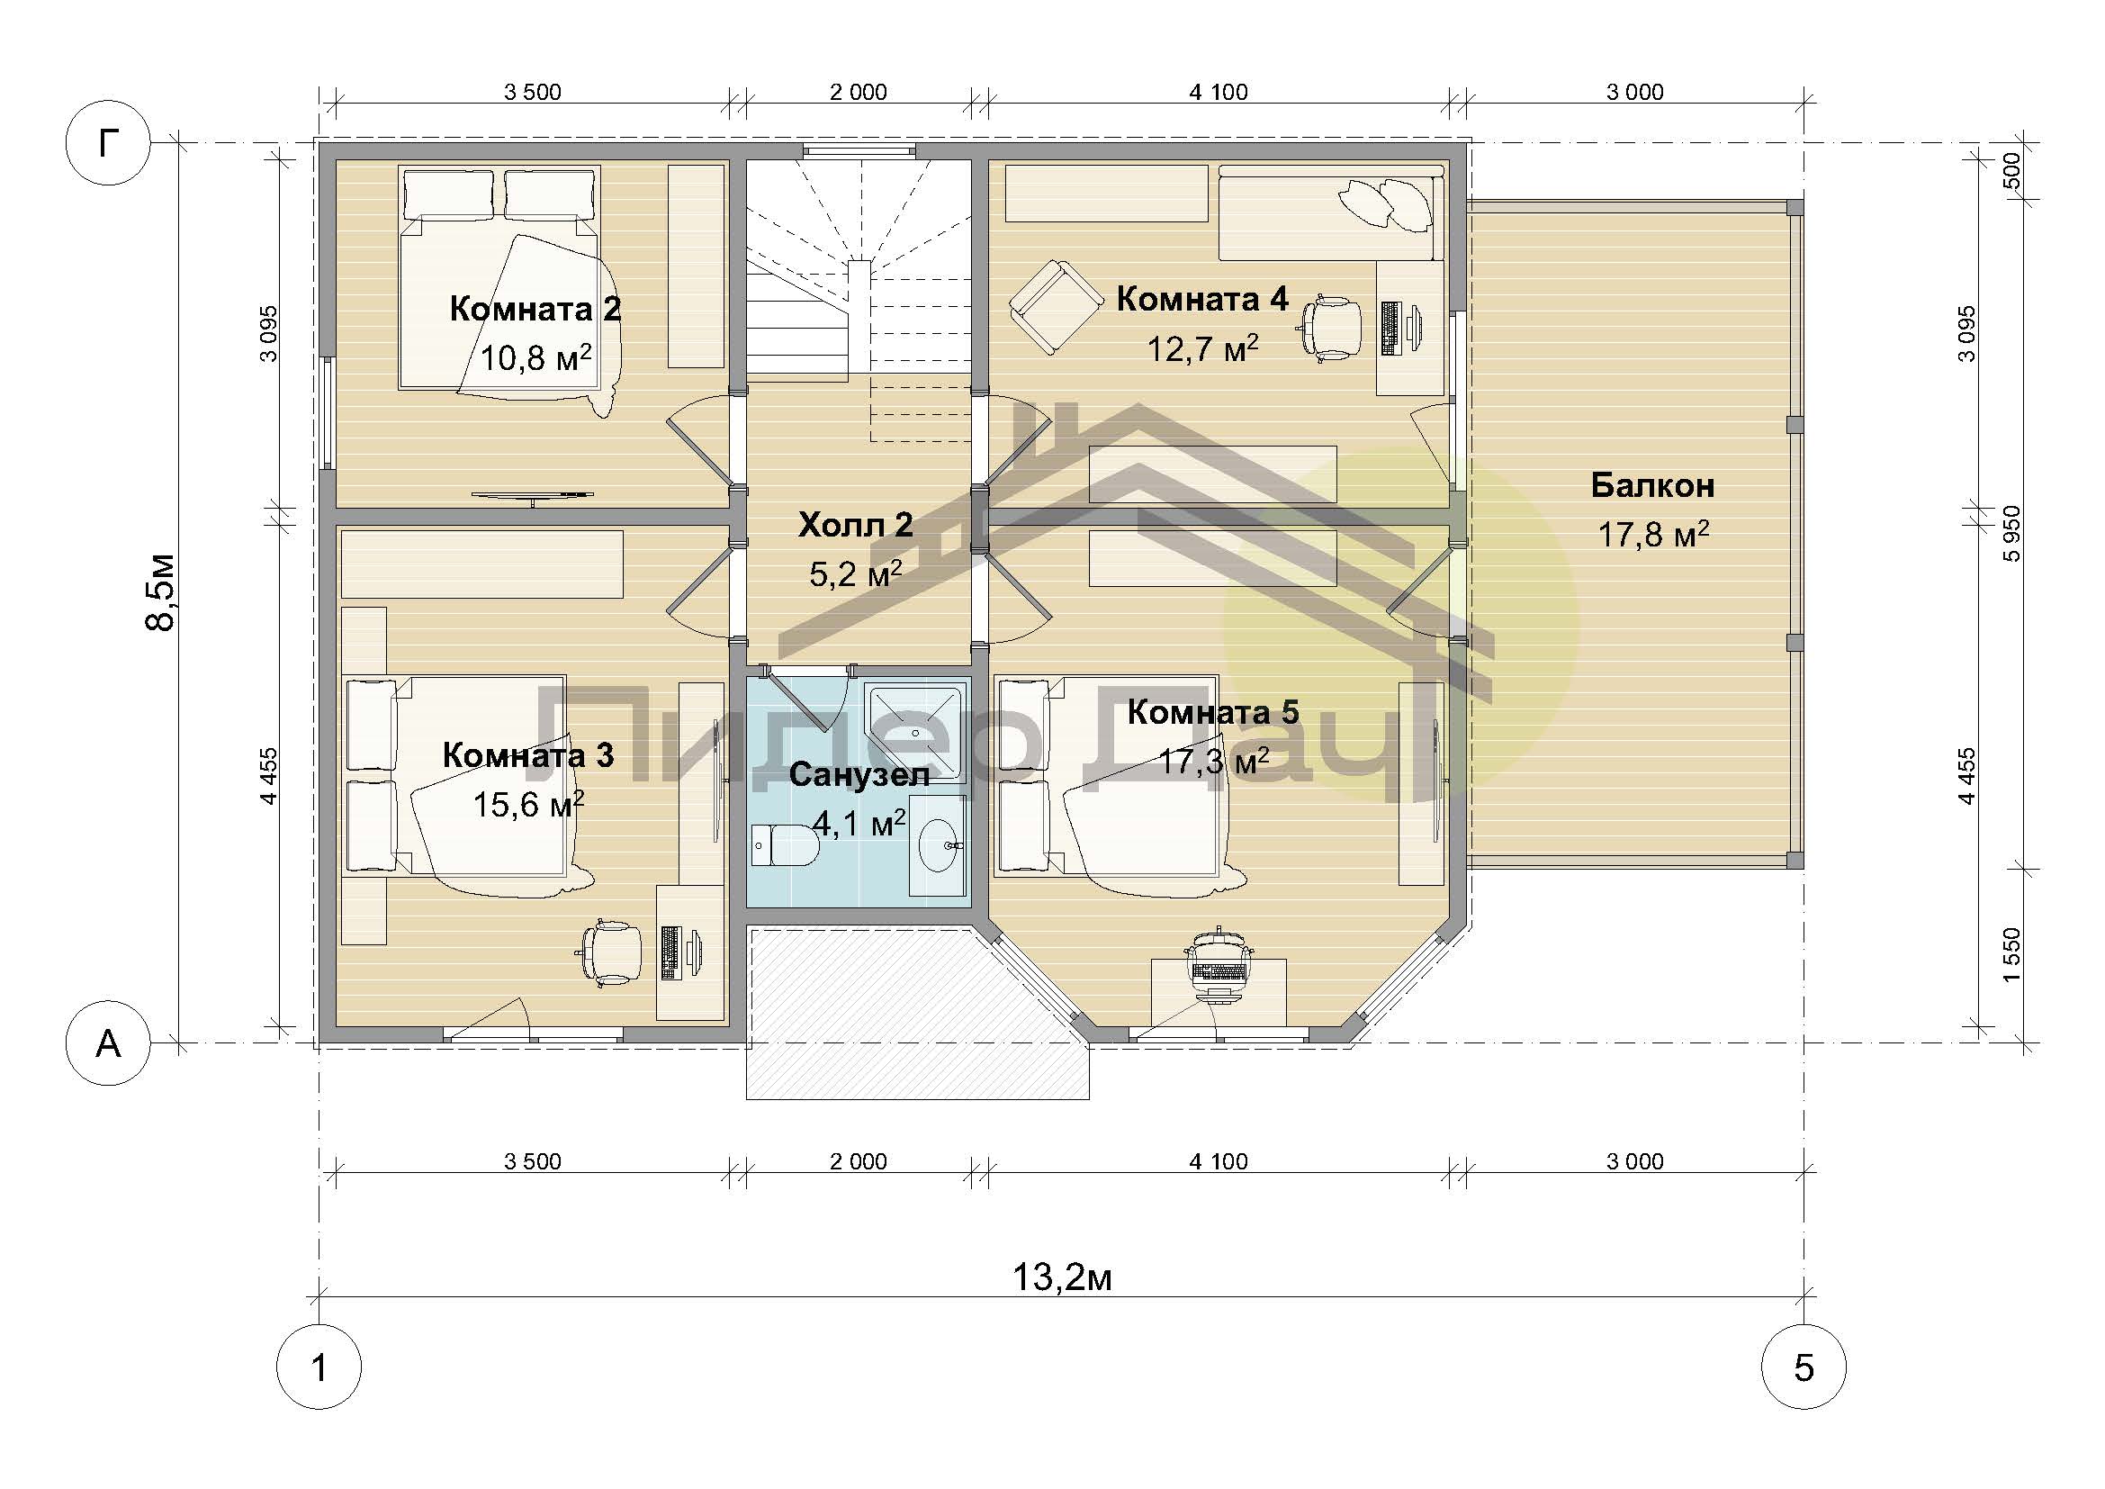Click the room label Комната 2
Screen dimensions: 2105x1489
[535, 309]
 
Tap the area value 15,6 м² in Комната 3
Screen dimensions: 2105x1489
[528, 805]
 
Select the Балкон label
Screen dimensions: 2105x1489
[1652, 485]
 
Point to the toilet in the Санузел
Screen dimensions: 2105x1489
[785, 844]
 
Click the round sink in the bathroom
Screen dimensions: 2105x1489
[940, 844]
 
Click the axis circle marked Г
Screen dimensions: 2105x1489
[108, 143]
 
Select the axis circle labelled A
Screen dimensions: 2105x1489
[108, 1042]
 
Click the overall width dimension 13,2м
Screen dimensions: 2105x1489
[1063, 1277]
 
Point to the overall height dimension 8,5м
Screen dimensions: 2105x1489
[161, 592]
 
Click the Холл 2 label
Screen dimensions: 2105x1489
[855, 526]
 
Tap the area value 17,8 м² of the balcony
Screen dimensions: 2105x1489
[1653, 535]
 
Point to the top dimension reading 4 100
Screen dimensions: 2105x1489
[1219, 92]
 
